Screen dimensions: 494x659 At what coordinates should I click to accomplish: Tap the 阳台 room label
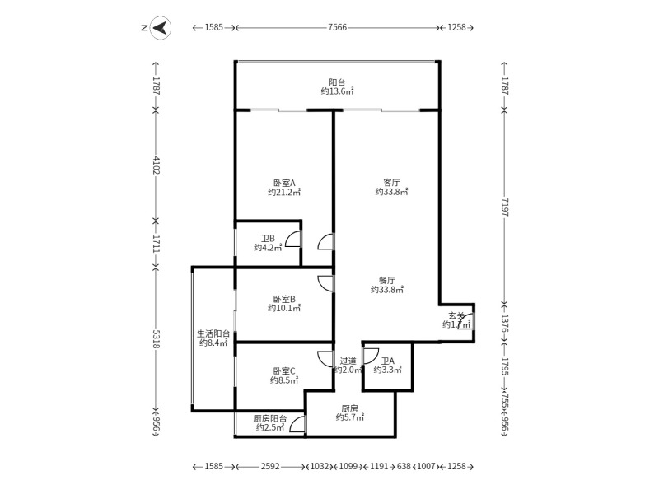tap(337, 82)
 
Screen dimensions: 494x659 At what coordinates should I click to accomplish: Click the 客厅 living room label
tap(391, 182)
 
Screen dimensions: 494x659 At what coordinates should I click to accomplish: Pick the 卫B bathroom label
tap(268, 238)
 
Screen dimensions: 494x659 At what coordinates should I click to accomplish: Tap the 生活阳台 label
tap(213, 333)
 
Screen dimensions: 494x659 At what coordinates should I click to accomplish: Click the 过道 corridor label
tap(348, 361)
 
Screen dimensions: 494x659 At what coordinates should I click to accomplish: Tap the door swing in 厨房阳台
tap(297, 425)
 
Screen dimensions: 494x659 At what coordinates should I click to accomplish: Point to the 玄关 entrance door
tap(466, 322)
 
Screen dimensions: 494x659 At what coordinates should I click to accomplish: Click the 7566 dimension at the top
tap(337, 28)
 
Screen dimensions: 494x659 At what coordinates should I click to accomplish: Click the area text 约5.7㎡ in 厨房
tap(349, 417)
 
